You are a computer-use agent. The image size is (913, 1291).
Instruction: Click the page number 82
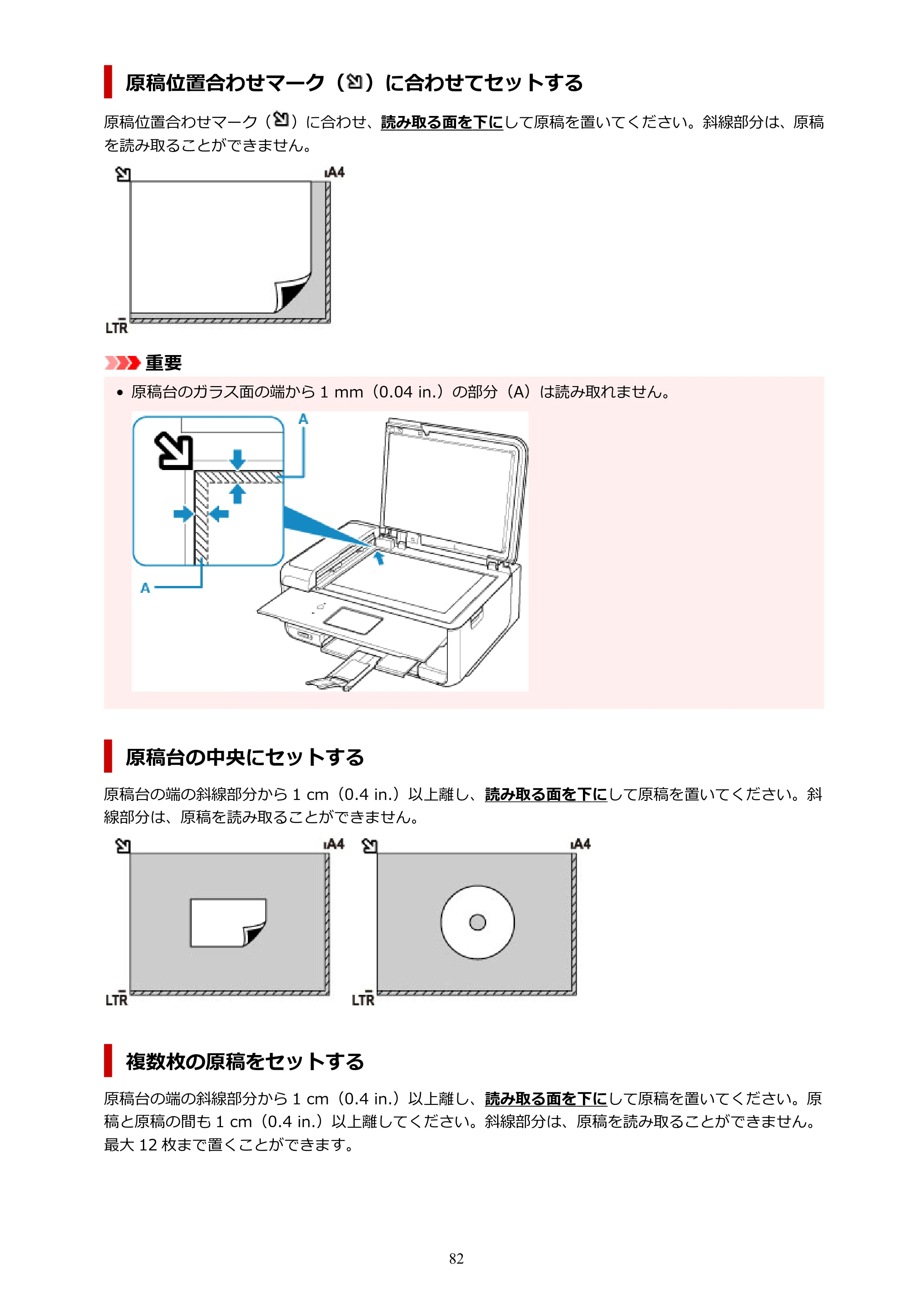[456, 1259]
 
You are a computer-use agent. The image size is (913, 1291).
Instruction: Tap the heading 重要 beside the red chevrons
[164, 363]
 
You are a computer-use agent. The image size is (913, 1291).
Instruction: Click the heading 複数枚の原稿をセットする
[245, 1061]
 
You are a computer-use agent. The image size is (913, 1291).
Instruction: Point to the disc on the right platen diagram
[477, 922]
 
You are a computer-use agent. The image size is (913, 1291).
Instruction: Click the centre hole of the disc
[477, 922]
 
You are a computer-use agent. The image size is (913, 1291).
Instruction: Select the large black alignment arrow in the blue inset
[174, 450]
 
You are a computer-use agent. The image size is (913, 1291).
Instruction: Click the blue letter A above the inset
[303, 419]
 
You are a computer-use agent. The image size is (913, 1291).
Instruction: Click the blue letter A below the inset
[145, 588]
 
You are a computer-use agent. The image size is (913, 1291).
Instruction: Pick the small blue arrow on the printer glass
[380, 558]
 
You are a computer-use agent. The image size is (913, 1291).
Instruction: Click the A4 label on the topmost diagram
[335, 172]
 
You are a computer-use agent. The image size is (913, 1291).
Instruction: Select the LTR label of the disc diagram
[363, 999]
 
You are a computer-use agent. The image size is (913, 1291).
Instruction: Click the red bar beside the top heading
[108, 82]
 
